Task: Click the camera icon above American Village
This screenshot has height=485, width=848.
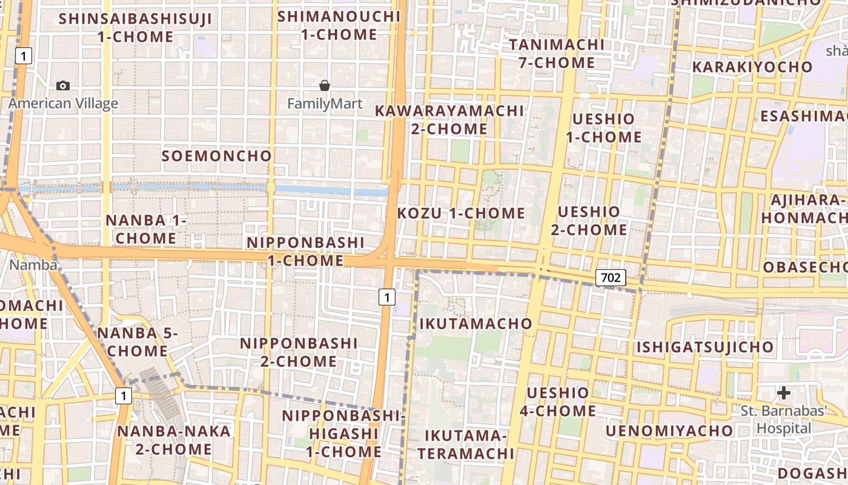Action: [63, 86]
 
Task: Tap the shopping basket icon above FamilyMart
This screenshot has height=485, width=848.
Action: [325, 85]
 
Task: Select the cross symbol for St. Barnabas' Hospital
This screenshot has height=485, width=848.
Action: [784, 393]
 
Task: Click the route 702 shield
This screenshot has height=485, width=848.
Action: [611, 278]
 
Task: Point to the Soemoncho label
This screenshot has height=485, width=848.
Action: [217, 156]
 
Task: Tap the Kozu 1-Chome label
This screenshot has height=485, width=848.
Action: [461, 213]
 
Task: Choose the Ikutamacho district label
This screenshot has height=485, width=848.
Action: [475, 323]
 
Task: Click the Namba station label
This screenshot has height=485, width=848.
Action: [33, 265]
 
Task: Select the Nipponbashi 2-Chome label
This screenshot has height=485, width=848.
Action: [299, 352]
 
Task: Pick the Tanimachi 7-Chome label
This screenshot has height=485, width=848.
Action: [557, 53]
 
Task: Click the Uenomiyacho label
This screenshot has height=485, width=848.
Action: [669, 431]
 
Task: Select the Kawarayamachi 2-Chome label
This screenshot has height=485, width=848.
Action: [449, 119]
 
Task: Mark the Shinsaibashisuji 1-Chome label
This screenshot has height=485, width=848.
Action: [136, 27]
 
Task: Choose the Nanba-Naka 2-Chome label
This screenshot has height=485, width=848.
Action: [174, 440]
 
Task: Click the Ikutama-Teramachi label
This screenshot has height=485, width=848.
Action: [465, 444]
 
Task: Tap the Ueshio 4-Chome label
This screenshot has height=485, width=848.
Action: [557, 402]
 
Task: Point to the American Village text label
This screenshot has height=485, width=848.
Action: [63, 104]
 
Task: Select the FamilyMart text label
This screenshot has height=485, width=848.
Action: [325, 104]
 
